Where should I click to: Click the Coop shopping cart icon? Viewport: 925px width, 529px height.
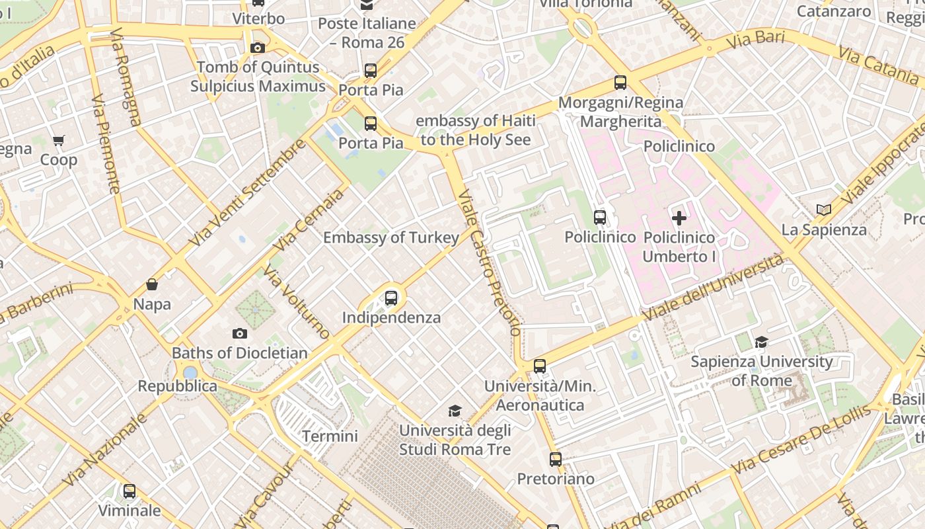click(59, 140)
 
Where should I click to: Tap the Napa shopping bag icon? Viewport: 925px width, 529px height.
click(152, 284)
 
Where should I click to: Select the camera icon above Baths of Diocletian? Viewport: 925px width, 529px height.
click(240, 334)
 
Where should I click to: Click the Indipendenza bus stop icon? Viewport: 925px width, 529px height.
click(391, 298)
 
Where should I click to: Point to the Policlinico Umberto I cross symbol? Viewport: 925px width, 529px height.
click(679, 218)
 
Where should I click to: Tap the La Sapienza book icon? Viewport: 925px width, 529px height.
click(823, 210)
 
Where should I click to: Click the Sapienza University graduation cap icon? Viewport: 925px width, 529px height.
click(762, 342)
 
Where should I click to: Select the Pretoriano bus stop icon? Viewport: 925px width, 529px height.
click(556, 459)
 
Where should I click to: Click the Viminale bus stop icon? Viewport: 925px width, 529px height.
click(129, 491)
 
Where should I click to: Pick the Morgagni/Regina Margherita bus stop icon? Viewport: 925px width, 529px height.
click(620, 83)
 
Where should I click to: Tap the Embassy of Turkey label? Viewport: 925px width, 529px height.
click(390, 237)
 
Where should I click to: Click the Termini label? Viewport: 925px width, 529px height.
click(330, 436)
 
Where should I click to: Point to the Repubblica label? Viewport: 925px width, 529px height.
click(177, 386)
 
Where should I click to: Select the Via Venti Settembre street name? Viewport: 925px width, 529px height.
click(248, 193)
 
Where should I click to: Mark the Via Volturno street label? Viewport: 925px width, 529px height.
click(296, 302)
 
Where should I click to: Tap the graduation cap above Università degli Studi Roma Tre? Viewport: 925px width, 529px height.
click(455, 411)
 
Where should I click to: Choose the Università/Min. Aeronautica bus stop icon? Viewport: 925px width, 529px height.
click(540, 366)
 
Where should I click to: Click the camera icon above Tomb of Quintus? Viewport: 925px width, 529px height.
click(258, 48)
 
